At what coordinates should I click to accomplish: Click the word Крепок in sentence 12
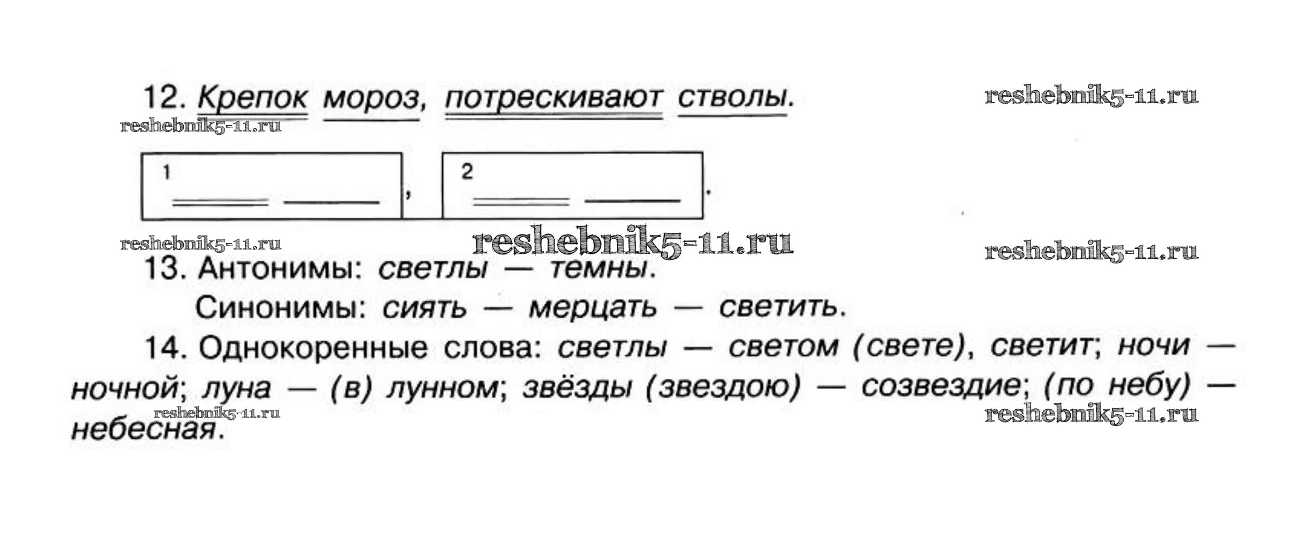(252, 98)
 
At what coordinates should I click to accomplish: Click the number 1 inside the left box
(166, 173)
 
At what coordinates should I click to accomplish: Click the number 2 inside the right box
(467, 172)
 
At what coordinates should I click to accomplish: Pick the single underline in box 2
(632, 199)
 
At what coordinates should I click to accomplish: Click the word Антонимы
(277, 269)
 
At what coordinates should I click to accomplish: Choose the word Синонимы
(276, 307)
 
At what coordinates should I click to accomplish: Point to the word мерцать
(593, 308)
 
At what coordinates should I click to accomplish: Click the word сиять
(424, 308)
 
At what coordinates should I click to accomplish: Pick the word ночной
(124, 388)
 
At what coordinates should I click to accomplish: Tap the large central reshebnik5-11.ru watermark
(632, 243)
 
